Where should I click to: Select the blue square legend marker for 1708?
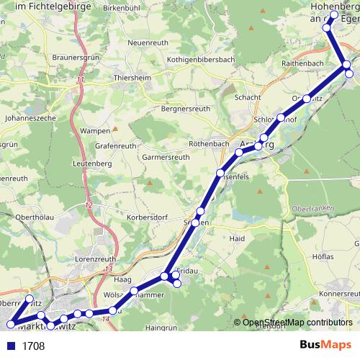click(9, 346)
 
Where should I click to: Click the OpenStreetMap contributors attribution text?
click(297, 322)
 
